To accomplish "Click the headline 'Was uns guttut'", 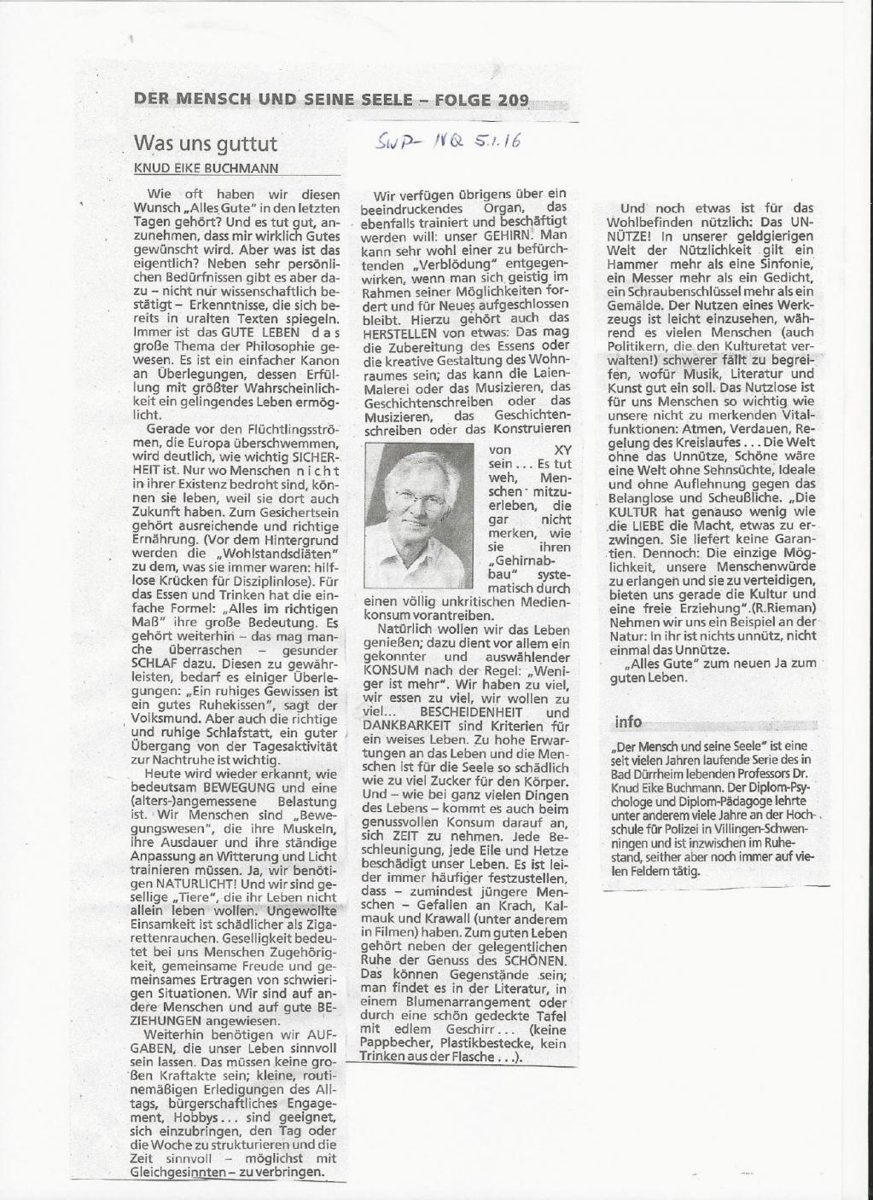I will click(x=205, y=142).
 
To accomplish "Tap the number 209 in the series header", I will click(x=511, y=100).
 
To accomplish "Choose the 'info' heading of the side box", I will click(x=627, y=722).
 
